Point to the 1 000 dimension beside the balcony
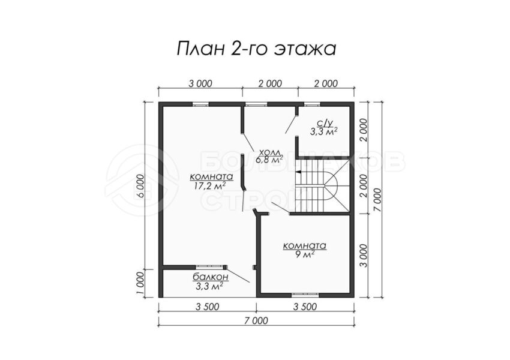point(140,283)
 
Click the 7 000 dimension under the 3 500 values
point(256,320)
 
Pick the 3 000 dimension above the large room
point(200,83)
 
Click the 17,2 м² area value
point(210,186)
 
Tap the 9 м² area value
point(305,254)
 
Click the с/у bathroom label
point(324,122)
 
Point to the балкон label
point(211,277)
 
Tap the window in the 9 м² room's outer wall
point(305,295)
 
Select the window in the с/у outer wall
point(312,104)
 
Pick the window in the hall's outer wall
point(256,104)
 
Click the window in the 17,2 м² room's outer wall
point(200,104)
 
